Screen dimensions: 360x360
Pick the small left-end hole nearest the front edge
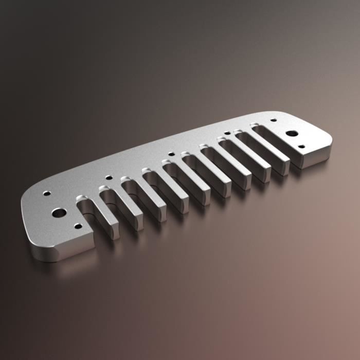78,226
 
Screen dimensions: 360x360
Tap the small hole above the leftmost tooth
109,178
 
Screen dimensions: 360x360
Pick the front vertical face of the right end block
314,157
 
